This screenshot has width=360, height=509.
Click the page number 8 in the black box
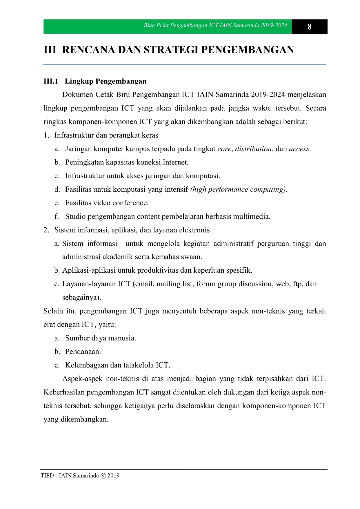[x=309, y=27]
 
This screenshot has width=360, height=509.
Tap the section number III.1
[x=51, y=81]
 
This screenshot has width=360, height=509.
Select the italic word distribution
[x=253, y=149]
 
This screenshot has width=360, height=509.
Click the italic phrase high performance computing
[x=238, y=189]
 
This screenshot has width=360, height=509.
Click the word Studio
[x=75, y=216]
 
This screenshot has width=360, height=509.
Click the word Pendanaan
[x=83, y=352]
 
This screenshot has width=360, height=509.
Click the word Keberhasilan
[x=64, y=392]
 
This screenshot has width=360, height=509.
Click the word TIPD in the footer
[x=47, y=476]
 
